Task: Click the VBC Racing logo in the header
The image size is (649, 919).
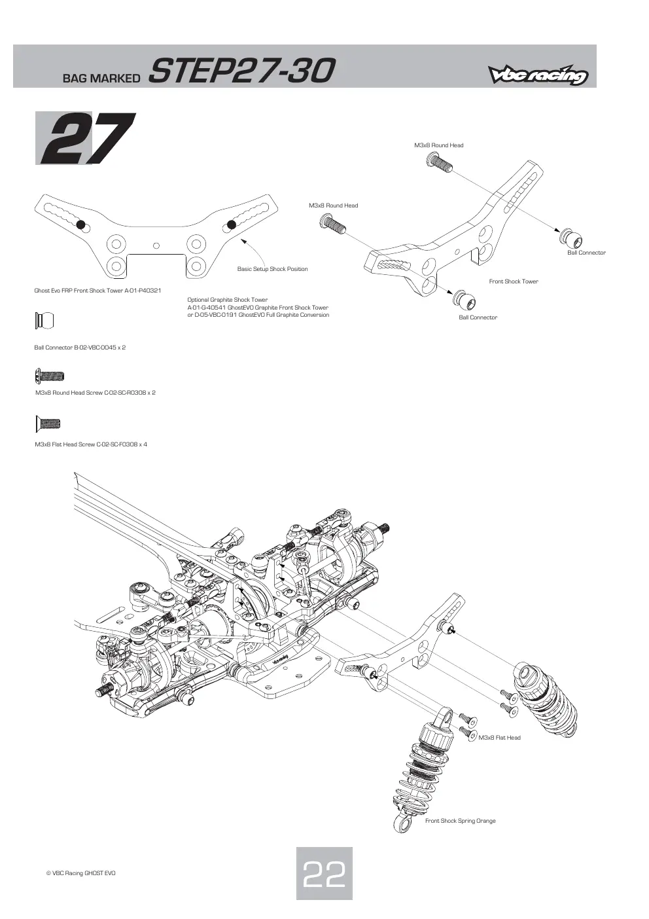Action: (x=538, y=75)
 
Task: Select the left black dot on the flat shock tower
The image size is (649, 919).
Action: (x=80, y=225)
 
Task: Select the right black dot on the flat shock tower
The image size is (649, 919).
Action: (x=231, y=225)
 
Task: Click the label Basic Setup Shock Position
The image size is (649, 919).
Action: (x=272, y=269)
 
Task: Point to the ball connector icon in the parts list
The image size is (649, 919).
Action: (x=44, y=321)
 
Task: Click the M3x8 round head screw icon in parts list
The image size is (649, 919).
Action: (x=50, y=376)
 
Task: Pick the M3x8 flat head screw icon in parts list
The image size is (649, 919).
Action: (x=48, y=423)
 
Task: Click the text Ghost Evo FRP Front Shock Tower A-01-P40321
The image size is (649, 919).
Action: (x=97, y=291)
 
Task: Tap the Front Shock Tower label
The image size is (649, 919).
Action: (x=514, y=281)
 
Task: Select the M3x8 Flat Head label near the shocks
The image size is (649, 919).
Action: (x=499, y=737)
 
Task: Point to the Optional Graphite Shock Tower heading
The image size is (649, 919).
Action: (x=227, y=300)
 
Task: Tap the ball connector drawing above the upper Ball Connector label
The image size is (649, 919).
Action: (x=571, y=238)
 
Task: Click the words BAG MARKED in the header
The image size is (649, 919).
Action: (x=101, y=78)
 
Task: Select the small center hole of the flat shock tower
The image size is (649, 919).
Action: (x=156, y=245)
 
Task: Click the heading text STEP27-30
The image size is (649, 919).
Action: (x=241, y=71)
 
